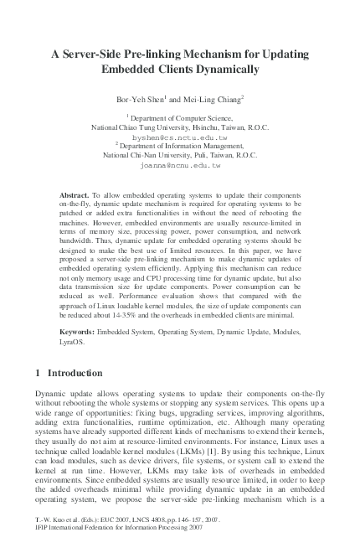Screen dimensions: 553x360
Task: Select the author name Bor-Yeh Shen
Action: click(139, 100)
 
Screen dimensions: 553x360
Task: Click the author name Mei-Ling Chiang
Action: click(214, 100)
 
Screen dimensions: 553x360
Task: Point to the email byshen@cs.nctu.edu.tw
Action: click(179, 137)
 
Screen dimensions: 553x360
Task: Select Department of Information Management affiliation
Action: click(182, 147)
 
